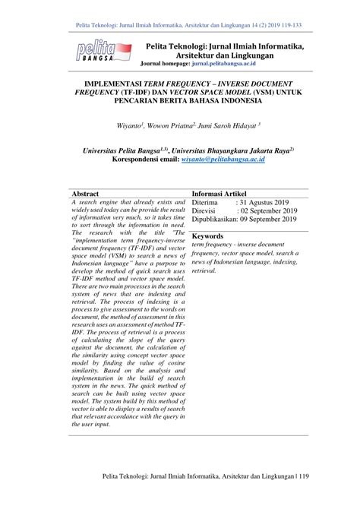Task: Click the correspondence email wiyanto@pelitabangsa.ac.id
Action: tap(223, 160)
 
